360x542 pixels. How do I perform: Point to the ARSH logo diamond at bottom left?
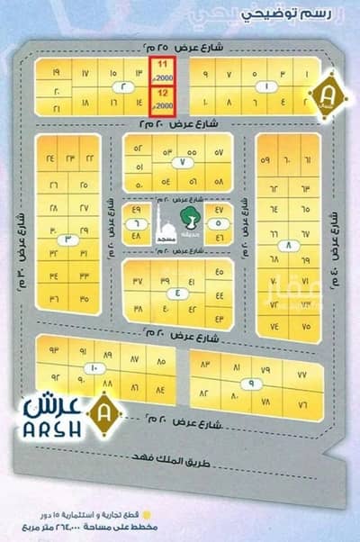[107, 416]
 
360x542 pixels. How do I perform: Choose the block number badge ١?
[267, 86]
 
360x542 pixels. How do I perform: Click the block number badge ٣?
[68, 239]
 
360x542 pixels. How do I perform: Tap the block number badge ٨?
[287, 244]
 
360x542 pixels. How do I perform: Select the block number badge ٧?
[180, 162]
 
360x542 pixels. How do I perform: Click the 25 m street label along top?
[180, 44]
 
